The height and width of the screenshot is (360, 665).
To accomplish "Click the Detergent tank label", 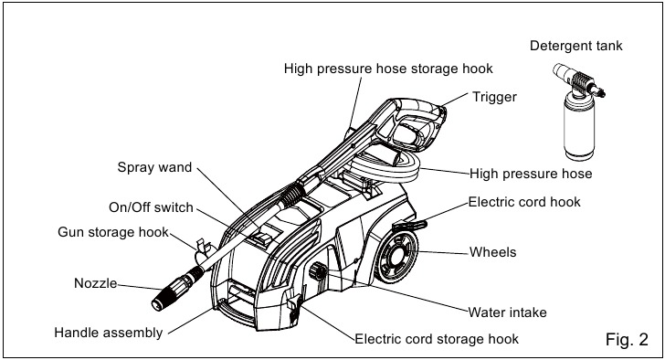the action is pos(575,46).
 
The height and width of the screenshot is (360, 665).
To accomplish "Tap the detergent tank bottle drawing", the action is pos(579,112).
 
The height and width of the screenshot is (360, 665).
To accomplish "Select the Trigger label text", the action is pos(494,97).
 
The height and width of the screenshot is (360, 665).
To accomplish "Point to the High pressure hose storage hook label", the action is pos(388,69).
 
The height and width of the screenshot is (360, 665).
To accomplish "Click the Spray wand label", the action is pos(154,167).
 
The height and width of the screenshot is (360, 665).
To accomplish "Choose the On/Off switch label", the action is pos(151,207).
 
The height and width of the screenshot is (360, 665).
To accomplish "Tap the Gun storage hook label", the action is pos(113,232).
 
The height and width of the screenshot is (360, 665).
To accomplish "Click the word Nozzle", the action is pos(95,283).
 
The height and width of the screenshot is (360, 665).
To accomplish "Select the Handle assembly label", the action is pos(109,333).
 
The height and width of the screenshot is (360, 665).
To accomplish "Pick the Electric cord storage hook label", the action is pos(437,339).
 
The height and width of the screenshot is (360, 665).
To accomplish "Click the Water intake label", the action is pos(507,312).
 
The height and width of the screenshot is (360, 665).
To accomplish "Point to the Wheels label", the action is pos(493,252).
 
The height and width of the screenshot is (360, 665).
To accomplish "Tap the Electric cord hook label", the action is pos(524,202).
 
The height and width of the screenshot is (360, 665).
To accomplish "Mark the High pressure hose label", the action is pos(531,174).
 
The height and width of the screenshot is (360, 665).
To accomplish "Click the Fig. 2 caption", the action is pos(627,339).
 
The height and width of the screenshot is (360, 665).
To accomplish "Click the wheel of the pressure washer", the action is pos(397,257).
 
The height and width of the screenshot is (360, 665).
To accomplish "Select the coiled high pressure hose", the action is pos(382,169).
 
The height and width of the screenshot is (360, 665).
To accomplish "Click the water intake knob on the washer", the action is pos(318,271).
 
